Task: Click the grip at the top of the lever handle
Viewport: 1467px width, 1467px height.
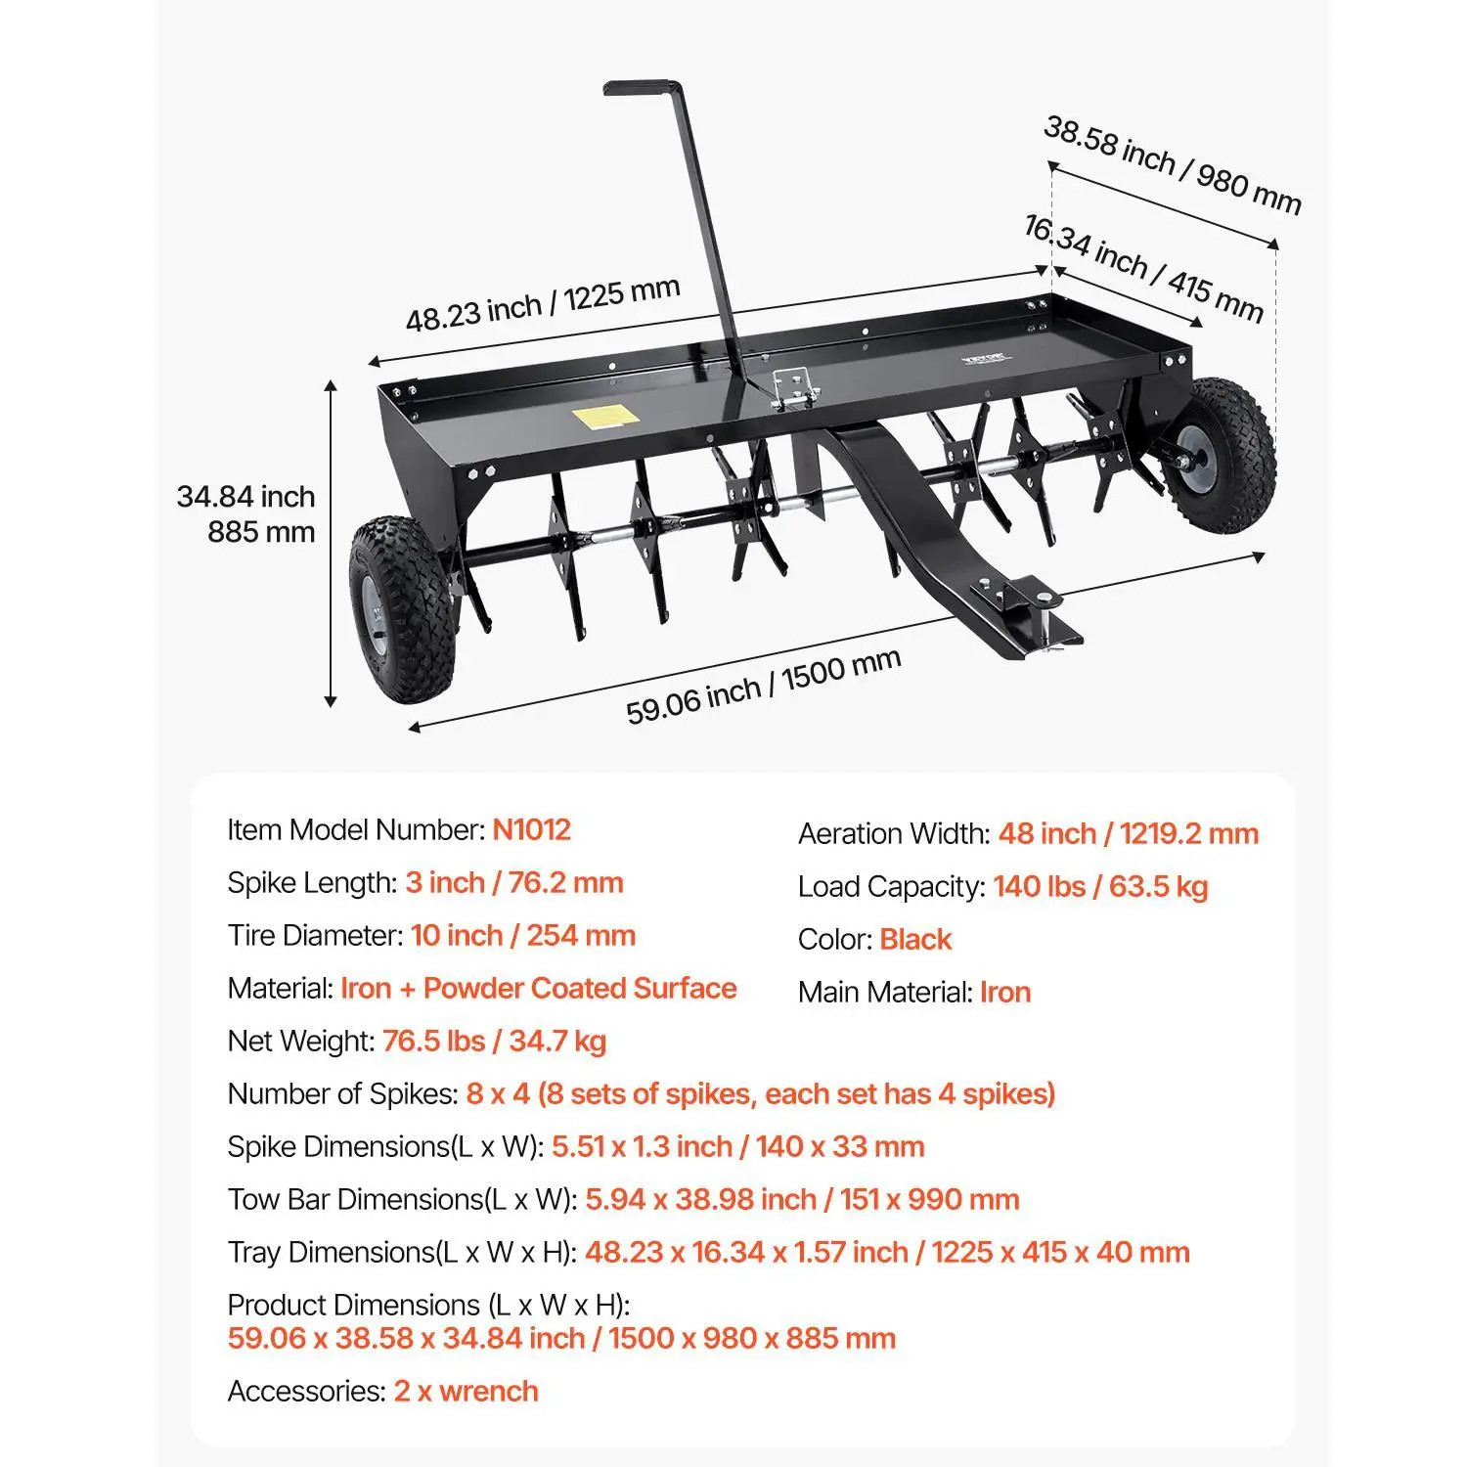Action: point(642,87)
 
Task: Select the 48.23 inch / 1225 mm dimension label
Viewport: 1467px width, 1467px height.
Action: point(543,304)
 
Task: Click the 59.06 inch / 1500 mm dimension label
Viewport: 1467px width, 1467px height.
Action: point(763,687)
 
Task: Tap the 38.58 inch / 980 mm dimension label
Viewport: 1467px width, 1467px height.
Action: point(1172,165)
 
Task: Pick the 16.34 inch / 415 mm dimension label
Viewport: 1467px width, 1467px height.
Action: point(1142,268)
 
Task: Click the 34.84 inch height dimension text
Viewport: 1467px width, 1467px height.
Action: point(245,497)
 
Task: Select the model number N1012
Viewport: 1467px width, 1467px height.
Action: point(531,830)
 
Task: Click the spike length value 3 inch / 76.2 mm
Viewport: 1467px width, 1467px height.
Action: point(513,883)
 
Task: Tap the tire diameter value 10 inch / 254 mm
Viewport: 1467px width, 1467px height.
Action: point(522,936)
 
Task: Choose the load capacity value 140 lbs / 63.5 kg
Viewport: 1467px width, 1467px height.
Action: point(1100,887)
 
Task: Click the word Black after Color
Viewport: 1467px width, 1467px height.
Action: point(914,940)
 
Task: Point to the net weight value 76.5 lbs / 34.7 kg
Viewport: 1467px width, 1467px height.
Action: point(494,1042)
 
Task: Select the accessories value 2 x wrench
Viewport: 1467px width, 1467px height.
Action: point(466,1392)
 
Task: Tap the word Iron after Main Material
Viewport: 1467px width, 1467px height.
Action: point(1005,993)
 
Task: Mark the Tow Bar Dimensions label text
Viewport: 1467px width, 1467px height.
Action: point(401,1200)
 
